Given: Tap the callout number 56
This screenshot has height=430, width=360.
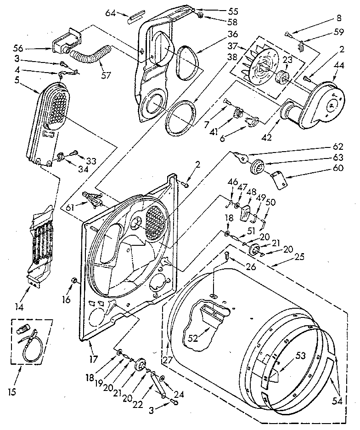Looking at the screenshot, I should [x=32, y=48].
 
